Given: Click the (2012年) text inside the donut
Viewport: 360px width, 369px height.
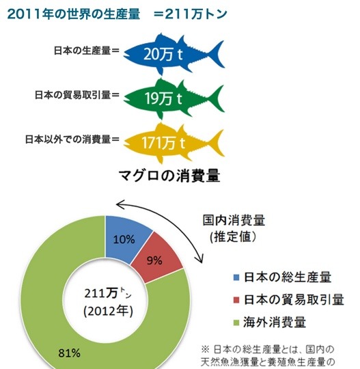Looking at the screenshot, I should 105,311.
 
